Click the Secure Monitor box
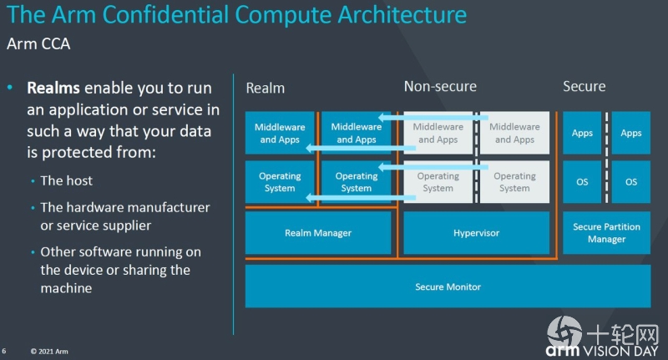pos(448,286)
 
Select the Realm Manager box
pos(318,233)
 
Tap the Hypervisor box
pos(476,233)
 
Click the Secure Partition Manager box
pos(606,233)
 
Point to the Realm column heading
pos(266,88)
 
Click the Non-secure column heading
pos(440,86)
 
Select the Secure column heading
pos(584,86)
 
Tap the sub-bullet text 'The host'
pos(67,180)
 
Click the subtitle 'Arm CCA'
pos(38,43)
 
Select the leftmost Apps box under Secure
pos(582,133)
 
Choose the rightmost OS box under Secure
pos(631,182)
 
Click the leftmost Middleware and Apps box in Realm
pos(280,133)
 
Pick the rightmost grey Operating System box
pos(514,182)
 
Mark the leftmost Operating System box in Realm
pos(280,182)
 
